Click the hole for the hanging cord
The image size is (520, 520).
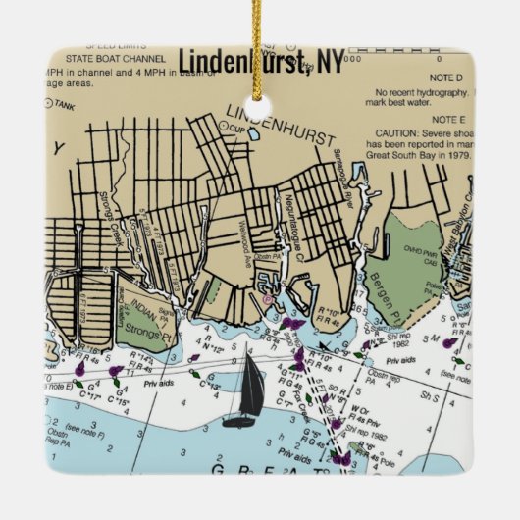[x=260, y=104]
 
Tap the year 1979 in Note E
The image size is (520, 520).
[x=458, y=154]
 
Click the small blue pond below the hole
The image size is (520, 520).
[x=254, y=135]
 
